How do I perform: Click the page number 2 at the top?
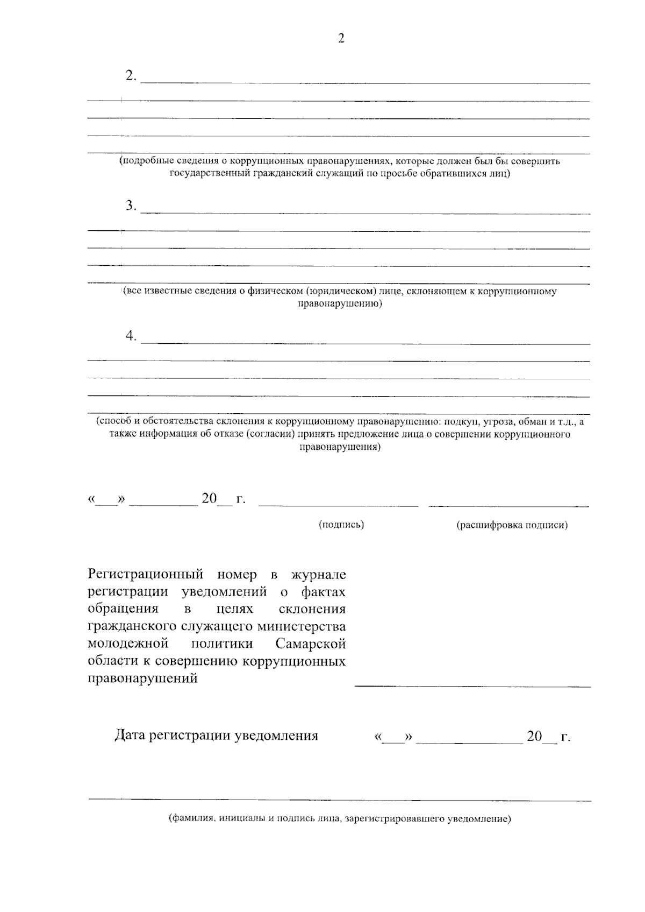click(340, 39)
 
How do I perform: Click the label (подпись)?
click(341, 525)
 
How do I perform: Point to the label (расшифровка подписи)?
click(512, 525)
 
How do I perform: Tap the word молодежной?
click(128, 644)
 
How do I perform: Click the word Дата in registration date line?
click(130, 736)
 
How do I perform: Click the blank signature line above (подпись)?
click(338, 505)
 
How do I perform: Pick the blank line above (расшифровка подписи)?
click(508, 505)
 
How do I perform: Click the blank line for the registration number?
click(472, 686)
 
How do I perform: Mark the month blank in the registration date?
click(469, 743)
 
